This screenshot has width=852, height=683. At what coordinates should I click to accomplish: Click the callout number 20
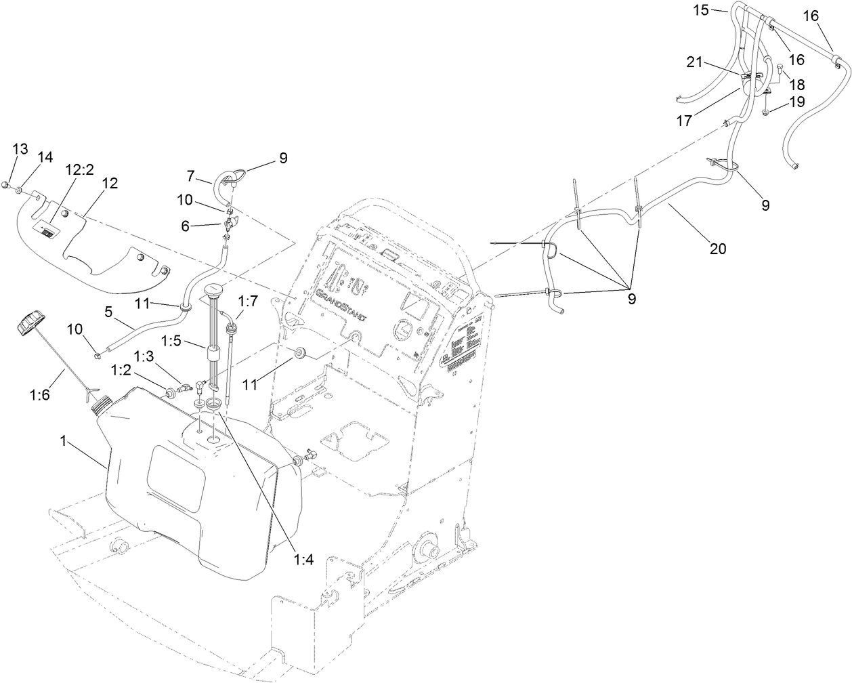[717, 249]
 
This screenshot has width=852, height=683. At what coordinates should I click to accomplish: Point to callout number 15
[700, 9]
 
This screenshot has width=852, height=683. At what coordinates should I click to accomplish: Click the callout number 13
[21, 149]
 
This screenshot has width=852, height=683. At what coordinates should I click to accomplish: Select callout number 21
[696, 62]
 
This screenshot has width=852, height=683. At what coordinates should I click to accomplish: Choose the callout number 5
[108, 313]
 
